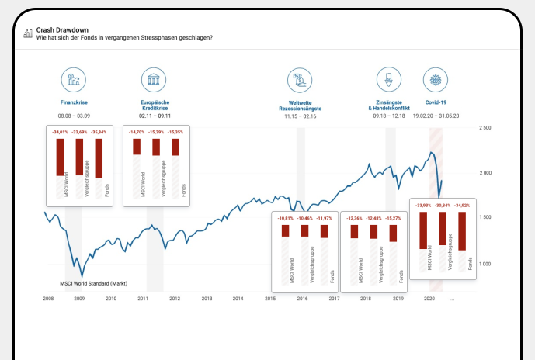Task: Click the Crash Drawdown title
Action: click(x=61, y=29)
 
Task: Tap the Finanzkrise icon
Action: click(x=75, y=80)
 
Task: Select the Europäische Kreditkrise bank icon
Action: click(x=154, y=80)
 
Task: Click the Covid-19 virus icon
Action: click(x=436, y=80)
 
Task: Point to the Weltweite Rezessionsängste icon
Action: click(x=299, y=80)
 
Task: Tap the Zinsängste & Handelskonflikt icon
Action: click(x=387, y=80)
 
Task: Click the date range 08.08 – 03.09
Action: click(x=75, y=116)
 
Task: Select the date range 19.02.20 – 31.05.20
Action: click(x=436, y=116)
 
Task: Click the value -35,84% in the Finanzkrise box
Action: click(x=99, y=133)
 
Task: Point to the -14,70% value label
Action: click(x=136, y=133)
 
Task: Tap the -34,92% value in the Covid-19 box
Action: click(x=463, y=206)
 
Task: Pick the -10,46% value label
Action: click(x=304, y=219)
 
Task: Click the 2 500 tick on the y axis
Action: click(x=486, y=127)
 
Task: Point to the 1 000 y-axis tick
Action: click(x=486, y=265)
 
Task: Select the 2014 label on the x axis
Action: click(x=238, y=298)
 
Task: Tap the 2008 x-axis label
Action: click(x=48, y=298)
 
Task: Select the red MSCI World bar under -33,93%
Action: click(x=423, y=230)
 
